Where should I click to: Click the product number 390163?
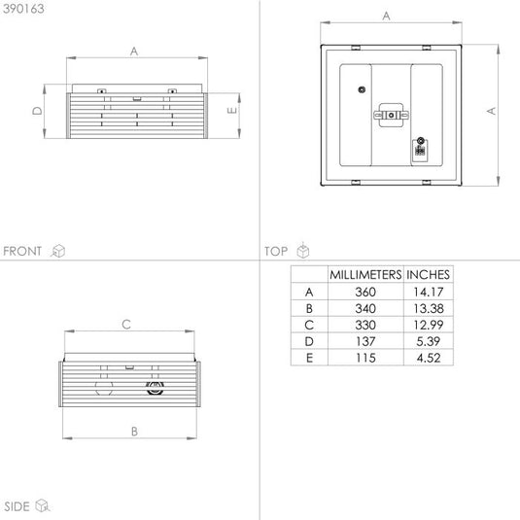coord(23,9)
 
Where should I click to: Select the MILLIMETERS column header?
coord(365,275)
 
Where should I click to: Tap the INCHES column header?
coord(428,275)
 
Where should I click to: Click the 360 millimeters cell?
coord(365,292)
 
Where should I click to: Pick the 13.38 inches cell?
coord(429,308)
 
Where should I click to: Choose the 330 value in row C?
coord(365,325)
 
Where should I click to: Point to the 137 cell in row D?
coord(365,341)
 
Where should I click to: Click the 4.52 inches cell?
coord(429,358)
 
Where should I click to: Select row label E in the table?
coord(309,358)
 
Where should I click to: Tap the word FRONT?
coord(22,251)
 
